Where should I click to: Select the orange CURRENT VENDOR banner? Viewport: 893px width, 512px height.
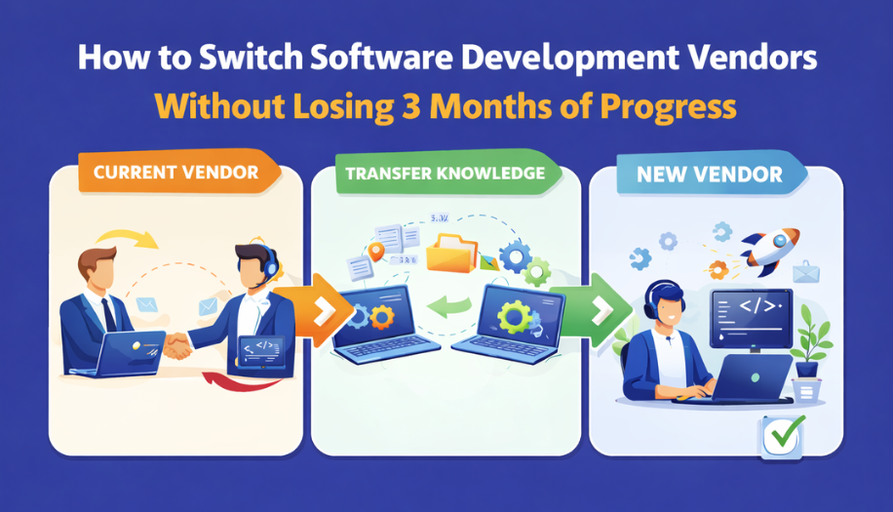click(175, 173)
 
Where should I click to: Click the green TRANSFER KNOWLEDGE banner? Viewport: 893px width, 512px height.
click(444, 174)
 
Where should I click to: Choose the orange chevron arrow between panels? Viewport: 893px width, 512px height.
click(320, 311)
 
